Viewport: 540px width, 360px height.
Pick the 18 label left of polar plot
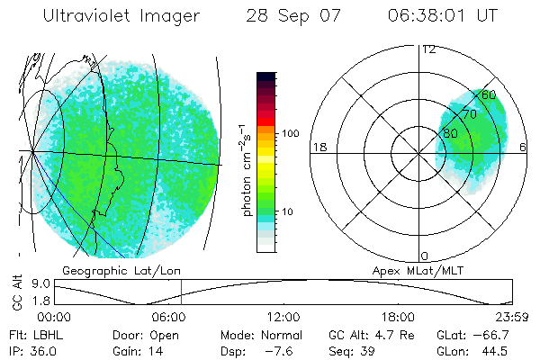point(318,147)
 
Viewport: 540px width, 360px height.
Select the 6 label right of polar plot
point(524,147)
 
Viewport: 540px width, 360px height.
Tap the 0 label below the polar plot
point(425,256)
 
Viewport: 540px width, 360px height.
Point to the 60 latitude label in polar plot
point(489,94)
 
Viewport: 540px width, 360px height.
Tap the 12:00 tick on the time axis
point(283,317)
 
